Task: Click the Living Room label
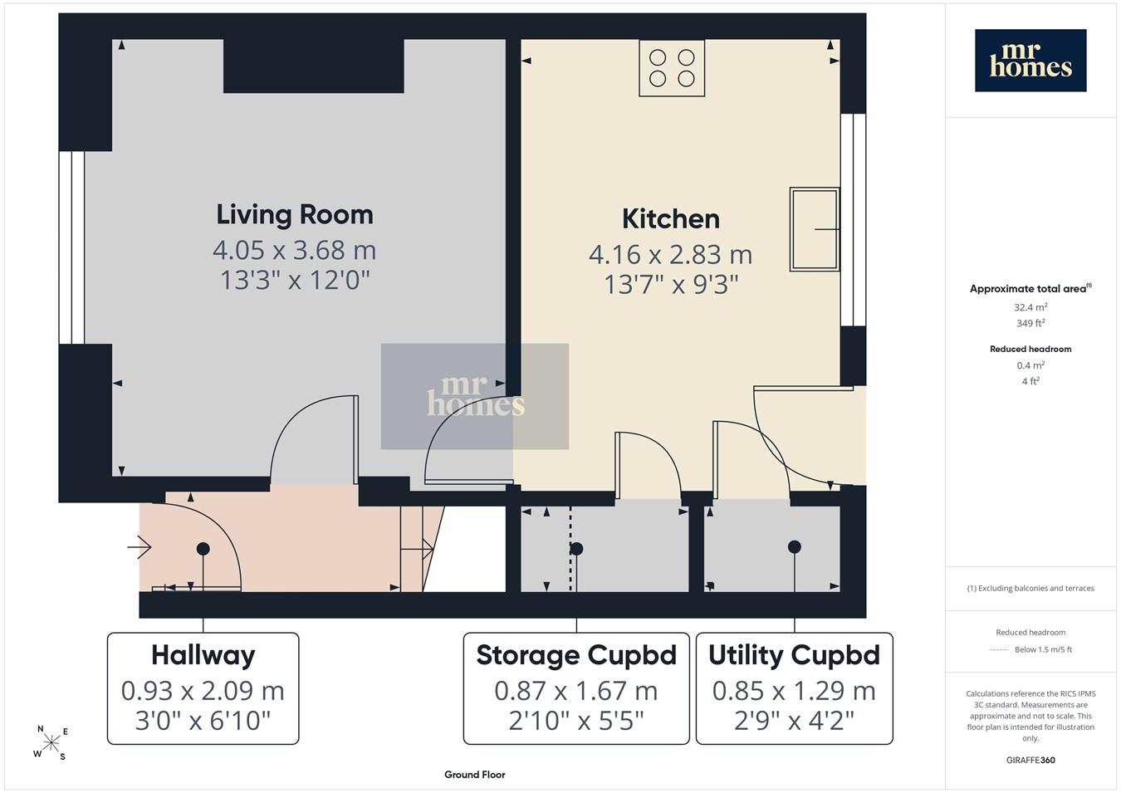pos(295,214)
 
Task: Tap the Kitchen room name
pos(671,219)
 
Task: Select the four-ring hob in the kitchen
pos(672,68)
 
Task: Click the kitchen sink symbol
pos(815,229)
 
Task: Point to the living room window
pos(71,247)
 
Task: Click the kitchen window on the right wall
pos(854,220)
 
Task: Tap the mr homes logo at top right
pos(1030,61)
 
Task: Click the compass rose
pos(51,743)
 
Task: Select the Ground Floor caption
pos(475,775)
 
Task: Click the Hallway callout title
pos(203,655)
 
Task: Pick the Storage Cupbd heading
pos(576,655)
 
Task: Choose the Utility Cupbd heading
pos(794,655)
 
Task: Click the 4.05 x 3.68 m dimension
pos(294,250)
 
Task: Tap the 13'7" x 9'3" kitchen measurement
pos(671,284)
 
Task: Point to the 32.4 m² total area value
pos(1030,307)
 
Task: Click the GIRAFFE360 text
pos(1030,760)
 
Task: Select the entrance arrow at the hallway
pos(140,547)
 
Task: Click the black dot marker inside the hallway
pos(203,549)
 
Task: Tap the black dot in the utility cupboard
pos(794,547)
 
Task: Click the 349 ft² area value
pos(1030,323)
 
